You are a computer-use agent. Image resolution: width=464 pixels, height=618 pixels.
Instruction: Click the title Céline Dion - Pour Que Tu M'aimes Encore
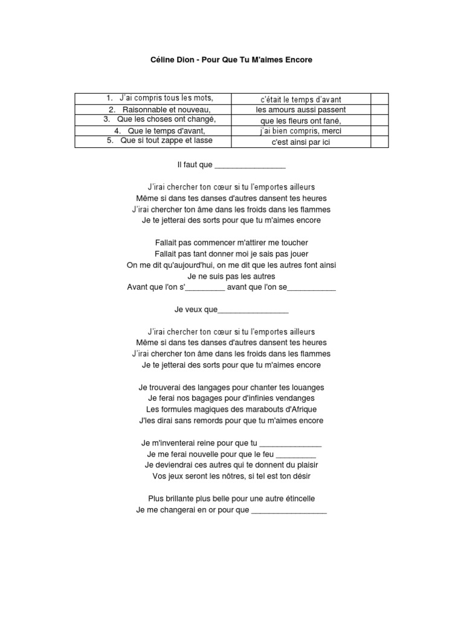231,61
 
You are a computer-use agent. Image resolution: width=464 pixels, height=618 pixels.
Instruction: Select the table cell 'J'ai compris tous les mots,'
159,98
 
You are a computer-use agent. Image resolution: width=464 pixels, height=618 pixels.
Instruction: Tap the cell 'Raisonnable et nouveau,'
159,109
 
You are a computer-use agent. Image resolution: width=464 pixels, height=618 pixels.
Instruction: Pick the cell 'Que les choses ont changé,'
159,119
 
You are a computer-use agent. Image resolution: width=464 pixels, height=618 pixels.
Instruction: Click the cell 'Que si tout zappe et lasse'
159,141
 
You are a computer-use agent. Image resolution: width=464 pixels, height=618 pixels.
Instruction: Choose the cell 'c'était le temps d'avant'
301,99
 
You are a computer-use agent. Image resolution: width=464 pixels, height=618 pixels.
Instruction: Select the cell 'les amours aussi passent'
301,110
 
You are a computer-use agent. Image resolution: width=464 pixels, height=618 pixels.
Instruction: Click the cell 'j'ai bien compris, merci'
301,131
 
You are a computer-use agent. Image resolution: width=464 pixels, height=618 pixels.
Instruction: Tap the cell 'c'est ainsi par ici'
301,142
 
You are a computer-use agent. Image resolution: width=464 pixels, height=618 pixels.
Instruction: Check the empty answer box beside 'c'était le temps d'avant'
379,99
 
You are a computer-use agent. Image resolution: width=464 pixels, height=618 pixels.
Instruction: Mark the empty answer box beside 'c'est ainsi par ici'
379,142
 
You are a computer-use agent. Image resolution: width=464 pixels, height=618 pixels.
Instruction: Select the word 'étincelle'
295,499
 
